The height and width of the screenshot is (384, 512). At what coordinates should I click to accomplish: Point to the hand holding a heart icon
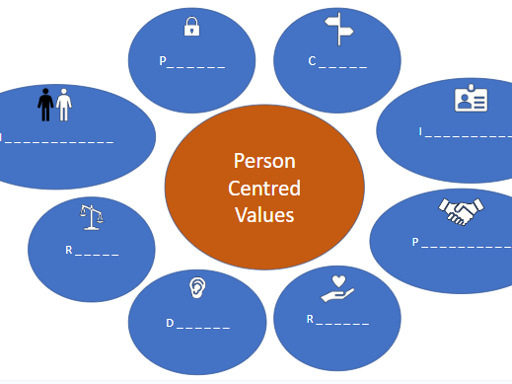336,289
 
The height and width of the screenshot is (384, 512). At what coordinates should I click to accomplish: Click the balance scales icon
92,216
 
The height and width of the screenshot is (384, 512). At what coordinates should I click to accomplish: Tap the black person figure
45,105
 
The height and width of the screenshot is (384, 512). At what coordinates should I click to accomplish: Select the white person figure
64,105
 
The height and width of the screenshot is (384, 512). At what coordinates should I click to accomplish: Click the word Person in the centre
263,159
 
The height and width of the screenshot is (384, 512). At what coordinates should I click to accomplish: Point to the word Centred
263,188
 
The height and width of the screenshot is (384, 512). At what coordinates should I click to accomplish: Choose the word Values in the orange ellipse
263,214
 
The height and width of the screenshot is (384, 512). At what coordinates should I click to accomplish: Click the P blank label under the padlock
192,61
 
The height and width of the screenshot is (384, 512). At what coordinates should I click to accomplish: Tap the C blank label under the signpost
337,61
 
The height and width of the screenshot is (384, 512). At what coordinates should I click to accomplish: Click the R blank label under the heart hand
337,321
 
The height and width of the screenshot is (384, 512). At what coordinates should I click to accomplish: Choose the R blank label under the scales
92,251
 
